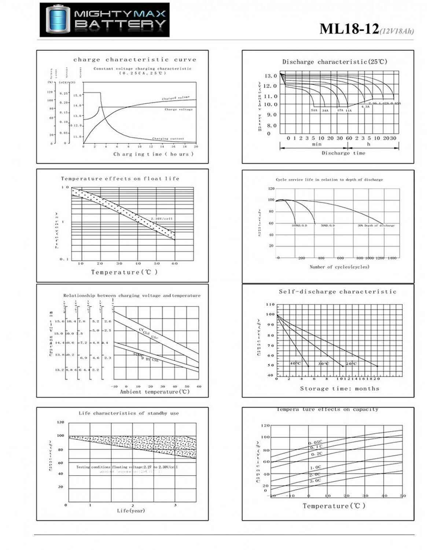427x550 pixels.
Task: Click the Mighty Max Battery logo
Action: coord(104,20)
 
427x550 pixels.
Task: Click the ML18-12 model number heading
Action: coord(349,29)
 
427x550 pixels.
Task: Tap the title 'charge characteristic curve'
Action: coord(135,59)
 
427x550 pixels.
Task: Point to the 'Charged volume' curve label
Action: coord(176,98)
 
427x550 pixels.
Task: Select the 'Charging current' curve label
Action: coord(168,139)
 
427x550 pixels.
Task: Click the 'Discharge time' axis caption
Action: coord(343,153)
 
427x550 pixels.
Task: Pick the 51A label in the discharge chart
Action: coord(314,110)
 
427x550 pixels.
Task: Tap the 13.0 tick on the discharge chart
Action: coord(270,76)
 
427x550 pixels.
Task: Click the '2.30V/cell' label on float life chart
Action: coord(162,219)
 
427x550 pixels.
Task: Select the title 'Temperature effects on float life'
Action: coord(120,179)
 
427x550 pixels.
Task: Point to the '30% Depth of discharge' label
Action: coord(376,225)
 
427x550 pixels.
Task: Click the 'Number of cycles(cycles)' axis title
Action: coord(339,267)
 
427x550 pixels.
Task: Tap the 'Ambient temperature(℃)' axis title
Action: coord(155,392)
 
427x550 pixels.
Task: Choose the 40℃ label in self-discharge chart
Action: coord(295,363)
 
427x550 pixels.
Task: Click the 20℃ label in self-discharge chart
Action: coord(351,363)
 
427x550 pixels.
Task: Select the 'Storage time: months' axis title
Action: coord(339,389)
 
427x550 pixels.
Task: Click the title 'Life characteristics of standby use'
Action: coord(129,413)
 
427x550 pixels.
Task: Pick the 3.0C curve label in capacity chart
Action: coord(315,480)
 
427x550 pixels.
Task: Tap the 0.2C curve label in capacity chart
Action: coord(317,454)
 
